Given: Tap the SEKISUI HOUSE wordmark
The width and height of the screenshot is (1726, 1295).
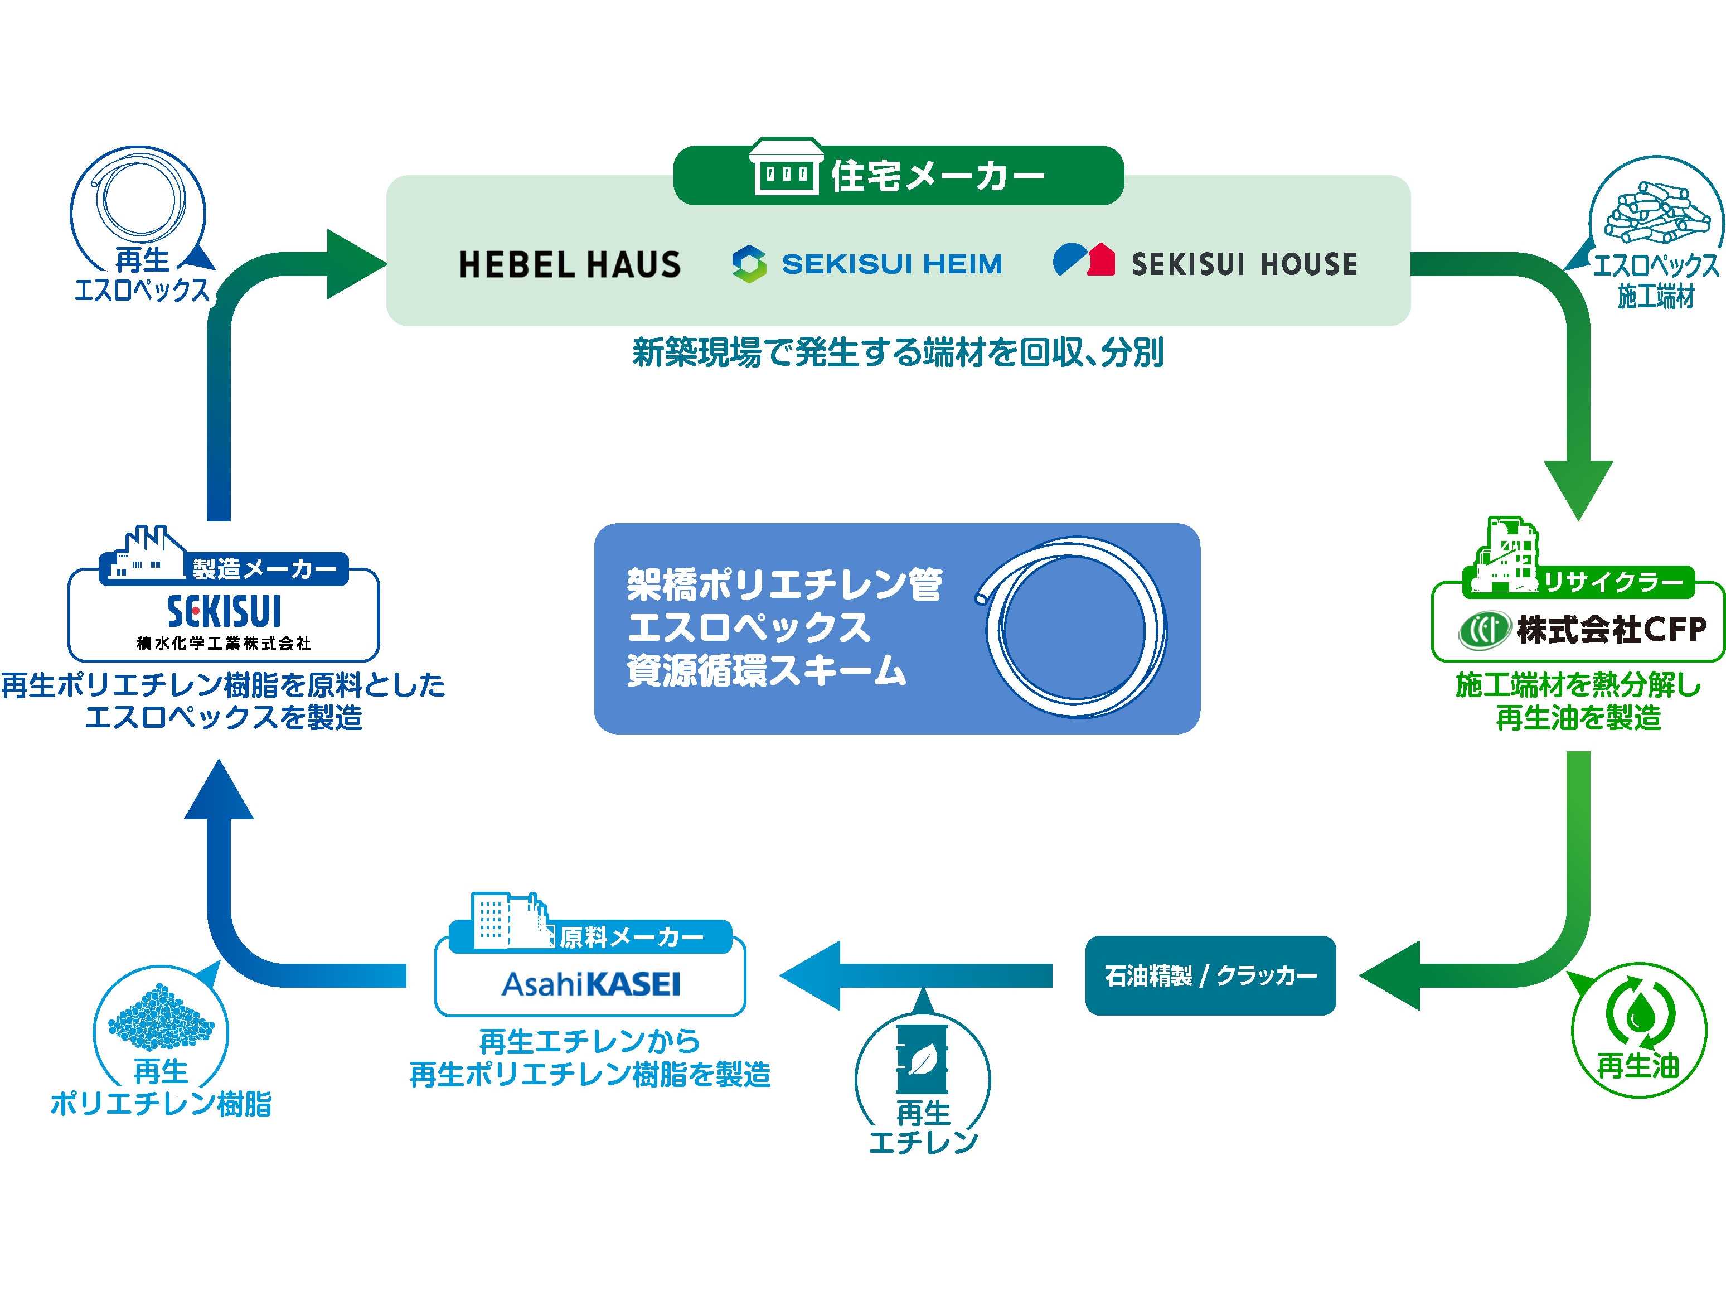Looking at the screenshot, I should [x=1244, y=264].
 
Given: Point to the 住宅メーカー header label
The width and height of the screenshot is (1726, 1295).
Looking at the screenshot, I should [x=937, y=176].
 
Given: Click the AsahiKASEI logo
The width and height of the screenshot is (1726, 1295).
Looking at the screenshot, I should [x=591, y=984].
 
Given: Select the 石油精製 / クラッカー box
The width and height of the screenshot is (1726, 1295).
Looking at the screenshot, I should [x=1210, y=975].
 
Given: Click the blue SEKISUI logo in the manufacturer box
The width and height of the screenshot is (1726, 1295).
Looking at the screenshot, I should [x=224, y=611].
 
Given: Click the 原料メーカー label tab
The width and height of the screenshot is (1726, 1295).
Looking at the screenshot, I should [x=631, y=937].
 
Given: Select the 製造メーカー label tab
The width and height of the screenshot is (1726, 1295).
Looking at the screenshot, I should [x=264, y=569].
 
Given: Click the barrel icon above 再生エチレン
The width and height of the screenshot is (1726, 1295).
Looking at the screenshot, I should [x=922, y=1058].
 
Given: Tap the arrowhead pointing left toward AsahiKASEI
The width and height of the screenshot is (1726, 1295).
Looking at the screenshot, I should [x=812, y=975].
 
